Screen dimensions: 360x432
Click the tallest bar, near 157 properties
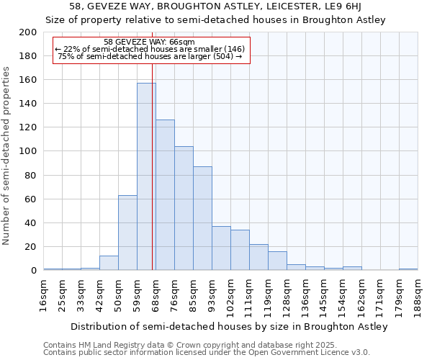coord(146,176)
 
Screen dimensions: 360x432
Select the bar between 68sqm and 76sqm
coord(165,194)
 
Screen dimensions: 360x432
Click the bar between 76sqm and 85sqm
coord(184,208)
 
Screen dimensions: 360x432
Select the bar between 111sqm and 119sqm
coord(258,257)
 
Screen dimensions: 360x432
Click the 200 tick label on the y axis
coord(28,32)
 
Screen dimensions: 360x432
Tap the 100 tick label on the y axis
coord(28,151)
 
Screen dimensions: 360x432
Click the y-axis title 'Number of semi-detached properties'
coord(7,156)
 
